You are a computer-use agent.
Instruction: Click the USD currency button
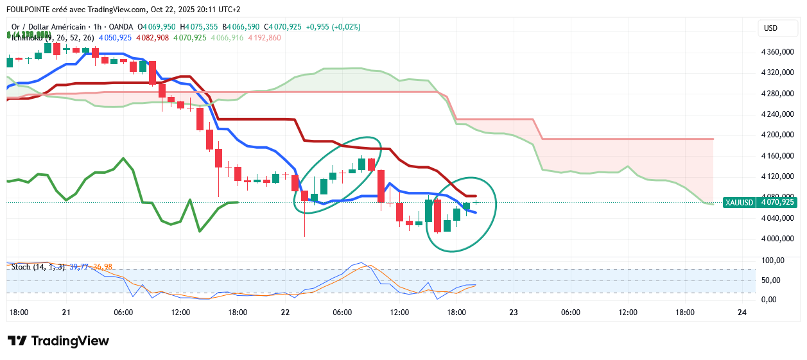point(770,28)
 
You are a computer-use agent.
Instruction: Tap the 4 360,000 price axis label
point(777,52)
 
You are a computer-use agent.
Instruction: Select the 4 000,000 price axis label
point(777,239)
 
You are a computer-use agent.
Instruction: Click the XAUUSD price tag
point(738,202)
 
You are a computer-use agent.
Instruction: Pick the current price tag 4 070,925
point(778,202)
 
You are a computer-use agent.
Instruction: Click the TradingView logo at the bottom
point(58,341)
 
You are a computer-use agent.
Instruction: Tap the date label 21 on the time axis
point(65,313)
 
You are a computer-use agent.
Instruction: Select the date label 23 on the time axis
point(514,313)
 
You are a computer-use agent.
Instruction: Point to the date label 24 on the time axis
point(742,313)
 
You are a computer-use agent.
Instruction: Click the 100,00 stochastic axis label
point(773,261)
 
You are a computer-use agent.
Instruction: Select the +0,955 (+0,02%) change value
point(333,27)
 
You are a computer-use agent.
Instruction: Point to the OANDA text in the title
point(122,27)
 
